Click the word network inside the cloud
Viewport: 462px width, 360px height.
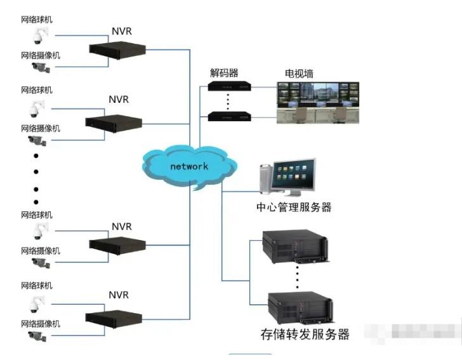(188, 166)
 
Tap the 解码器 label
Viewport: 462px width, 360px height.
(224, 73)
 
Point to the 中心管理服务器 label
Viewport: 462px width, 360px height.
(294, 207)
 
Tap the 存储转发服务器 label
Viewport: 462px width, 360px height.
(305, 334)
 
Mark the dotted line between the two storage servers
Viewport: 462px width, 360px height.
(297, 276)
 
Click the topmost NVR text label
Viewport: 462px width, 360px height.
(122, 30)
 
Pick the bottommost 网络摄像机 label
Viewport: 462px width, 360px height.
(41, 324)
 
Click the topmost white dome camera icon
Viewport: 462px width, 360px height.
(41, 36)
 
